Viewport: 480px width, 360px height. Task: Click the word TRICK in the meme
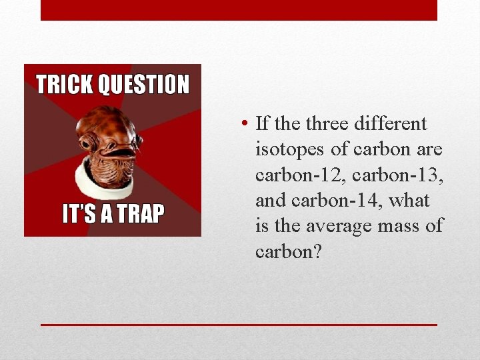65,85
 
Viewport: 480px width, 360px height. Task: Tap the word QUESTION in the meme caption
143,85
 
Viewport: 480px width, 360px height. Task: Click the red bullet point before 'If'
246,124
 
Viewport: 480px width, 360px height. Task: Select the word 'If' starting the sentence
262,124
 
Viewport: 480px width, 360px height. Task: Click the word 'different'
394,124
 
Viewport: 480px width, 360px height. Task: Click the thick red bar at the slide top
239,10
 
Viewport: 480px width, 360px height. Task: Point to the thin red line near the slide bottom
239,325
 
